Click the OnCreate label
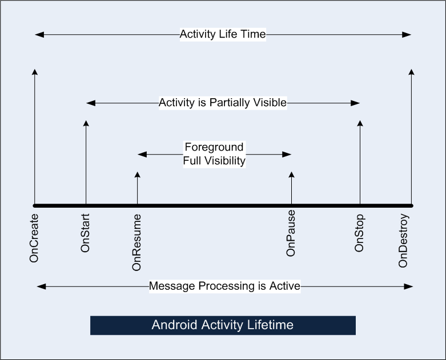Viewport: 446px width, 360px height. pos(34,238)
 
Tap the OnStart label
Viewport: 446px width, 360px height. pos(85,233)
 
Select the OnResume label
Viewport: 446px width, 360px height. pos(136,242)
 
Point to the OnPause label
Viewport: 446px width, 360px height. pos(291,233)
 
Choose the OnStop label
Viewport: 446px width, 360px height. pos(359,233)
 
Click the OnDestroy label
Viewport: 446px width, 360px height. pos(403,241)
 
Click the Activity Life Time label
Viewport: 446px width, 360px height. pos(223,34)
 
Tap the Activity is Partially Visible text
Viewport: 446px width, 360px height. pos(223,103)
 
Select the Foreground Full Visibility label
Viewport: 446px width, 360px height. pos(214,154)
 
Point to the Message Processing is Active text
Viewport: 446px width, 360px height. pos(224,286)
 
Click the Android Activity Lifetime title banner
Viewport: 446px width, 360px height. pos(223,325)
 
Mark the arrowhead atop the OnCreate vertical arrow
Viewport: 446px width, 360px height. pos(35,72)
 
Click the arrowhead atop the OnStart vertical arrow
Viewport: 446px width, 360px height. pos(86,123)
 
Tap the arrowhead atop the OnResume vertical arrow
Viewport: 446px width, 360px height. pos(138,175)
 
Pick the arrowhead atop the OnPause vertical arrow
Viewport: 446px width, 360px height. pos(291,175)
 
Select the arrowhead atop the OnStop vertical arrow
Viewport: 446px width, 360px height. pos(360,123)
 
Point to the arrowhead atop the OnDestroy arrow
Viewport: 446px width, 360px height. pos(411,72)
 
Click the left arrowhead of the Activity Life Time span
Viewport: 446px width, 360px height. pos(39,35)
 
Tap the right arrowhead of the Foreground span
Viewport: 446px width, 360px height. pos(287,154)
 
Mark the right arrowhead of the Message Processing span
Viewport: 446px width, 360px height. pos(408,286)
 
